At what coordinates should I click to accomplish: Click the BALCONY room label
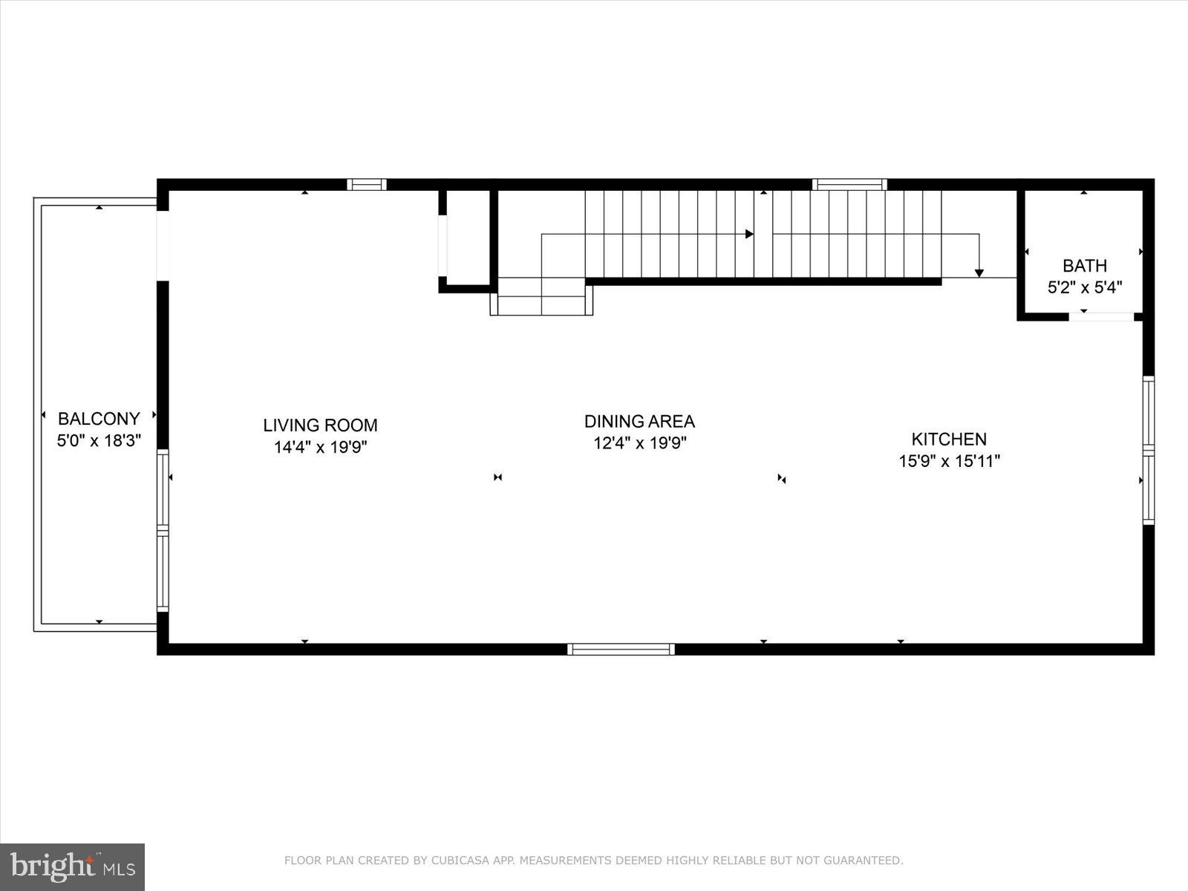(x=99, y=419)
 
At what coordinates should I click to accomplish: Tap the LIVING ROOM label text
(x=320, y=425)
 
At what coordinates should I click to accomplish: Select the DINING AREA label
(x=639, y=422)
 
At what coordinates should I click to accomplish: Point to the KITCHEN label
(x=949, y=439)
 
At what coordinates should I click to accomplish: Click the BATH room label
(x=1084, y=266)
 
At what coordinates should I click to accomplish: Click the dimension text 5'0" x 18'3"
(x=99, y=440)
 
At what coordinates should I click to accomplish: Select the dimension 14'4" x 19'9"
(x=320, y=447)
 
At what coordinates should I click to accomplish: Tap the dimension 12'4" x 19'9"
(x=639, y=443)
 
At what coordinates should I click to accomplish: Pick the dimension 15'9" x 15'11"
(x=949, y=461)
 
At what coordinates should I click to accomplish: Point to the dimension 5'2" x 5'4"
(x=1084, y=287)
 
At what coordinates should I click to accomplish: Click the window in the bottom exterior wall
(x=621, y=649)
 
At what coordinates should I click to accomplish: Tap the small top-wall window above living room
(x=367, y=184)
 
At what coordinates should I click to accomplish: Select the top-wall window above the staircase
(x=849, y=184)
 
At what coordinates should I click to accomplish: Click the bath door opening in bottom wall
(x=1101, y=316)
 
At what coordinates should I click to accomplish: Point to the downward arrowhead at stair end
(x=979, y=273)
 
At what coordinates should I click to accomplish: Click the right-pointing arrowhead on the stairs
(x=749, y=234)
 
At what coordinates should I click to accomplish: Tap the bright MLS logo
(x=72, y=866)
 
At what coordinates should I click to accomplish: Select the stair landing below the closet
(x=541, y=296)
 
